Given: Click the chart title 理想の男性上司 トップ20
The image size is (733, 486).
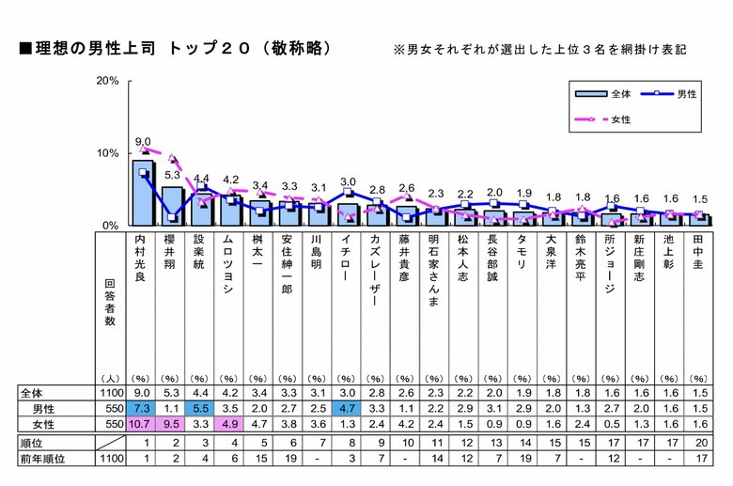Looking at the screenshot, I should pos(174,47).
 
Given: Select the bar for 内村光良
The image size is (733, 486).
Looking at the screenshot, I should pos(143,194).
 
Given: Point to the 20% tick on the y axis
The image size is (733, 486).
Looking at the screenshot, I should pos(107,81).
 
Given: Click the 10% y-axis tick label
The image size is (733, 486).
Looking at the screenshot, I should pos(107,153).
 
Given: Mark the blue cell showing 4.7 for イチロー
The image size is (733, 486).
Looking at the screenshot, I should pos(347,410).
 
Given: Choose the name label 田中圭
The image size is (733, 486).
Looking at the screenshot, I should pos(696,254).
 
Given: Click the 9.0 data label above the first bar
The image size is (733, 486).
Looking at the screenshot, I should pos(143,142).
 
